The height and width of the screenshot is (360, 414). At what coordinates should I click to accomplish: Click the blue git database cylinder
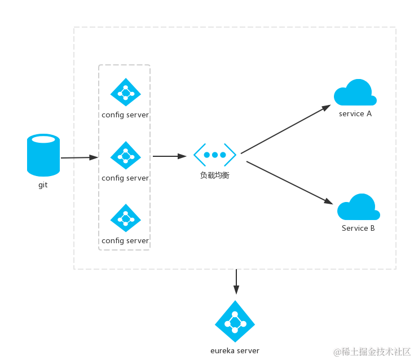click(x=43, y=155)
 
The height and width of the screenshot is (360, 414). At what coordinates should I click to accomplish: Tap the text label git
click(x=43, y=185)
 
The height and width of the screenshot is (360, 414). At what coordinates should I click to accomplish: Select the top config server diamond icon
click(x=125, y=92)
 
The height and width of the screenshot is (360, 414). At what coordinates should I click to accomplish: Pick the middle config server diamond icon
click(x=125, y=155)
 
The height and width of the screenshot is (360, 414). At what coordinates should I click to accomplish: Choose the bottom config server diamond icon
click(x=125, y=218)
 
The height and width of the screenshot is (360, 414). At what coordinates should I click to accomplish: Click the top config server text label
click(x=125, y=115)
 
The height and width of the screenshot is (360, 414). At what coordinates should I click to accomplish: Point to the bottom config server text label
click(x=125, y=241)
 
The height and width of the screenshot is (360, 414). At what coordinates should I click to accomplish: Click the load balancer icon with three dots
click(x=215, y=155)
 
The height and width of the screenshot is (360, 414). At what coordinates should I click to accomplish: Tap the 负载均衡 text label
click(x=215, y=175)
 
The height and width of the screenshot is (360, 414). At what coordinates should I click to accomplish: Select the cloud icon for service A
click(x=355, y=94)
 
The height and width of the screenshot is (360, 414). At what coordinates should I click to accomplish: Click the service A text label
click(x=355, y=114)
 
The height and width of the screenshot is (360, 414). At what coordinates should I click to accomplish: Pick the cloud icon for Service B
click(x=358, y=208)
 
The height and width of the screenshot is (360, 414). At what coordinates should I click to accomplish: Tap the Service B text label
click(x=358, y=229)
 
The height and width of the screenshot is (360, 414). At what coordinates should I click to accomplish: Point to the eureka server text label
click(x=235, y=351)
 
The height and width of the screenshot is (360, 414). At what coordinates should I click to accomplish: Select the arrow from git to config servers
click(x=79, y=157)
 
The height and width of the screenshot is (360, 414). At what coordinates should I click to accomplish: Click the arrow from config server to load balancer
click(x=169, y=156)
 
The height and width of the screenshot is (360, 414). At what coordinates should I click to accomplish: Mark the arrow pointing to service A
click(x=285, y=129)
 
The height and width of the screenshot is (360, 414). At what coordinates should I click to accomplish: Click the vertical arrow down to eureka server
click(x=236, y=282)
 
